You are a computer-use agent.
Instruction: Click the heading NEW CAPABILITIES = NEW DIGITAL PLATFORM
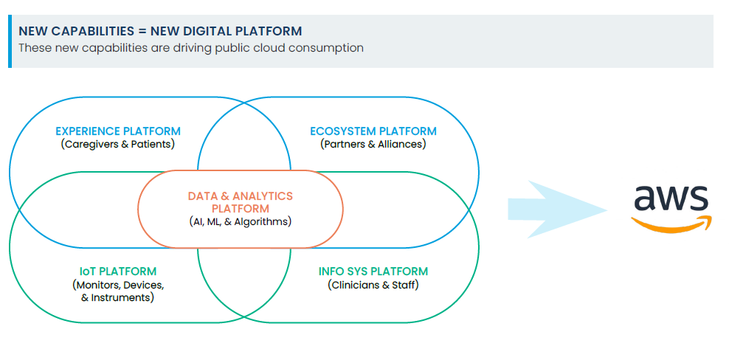(x=159, y=31)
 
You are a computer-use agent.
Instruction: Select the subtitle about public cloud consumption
(x=190, y=48)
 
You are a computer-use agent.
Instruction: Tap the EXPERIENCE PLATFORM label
(x=118, y=131)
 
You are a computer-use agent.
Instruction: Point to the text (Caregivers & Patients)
(x=118, y=144)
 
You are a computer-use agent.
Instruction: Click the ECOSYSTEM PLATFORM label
(x=373, y=131)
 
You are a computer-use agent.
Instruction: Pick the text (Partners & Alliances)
(x=373, y=144)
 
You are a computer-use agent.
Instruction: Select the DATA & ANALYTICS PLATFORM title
(x=241, y=201)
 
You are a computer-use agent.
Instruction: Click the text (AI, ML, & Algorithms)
(x=241, y=221)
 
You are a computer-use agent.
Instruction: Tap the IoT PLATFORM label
(x=118, y=271)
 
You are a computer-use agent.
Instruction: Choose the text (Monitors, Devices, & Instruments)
(x=118, y=291)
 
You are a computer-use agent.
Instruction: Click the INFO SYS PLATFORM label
(x=373, y=271)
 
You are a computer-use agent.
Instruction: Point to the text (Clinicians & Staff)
(x=373, y=285)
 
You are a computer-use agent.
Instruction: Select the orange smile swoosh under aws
(x=670, y=224)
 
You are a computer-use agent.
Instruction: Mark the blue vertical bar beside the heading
(x=10, y=41)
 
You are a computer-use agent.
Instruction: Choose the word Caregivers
(x=92, y=144)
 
